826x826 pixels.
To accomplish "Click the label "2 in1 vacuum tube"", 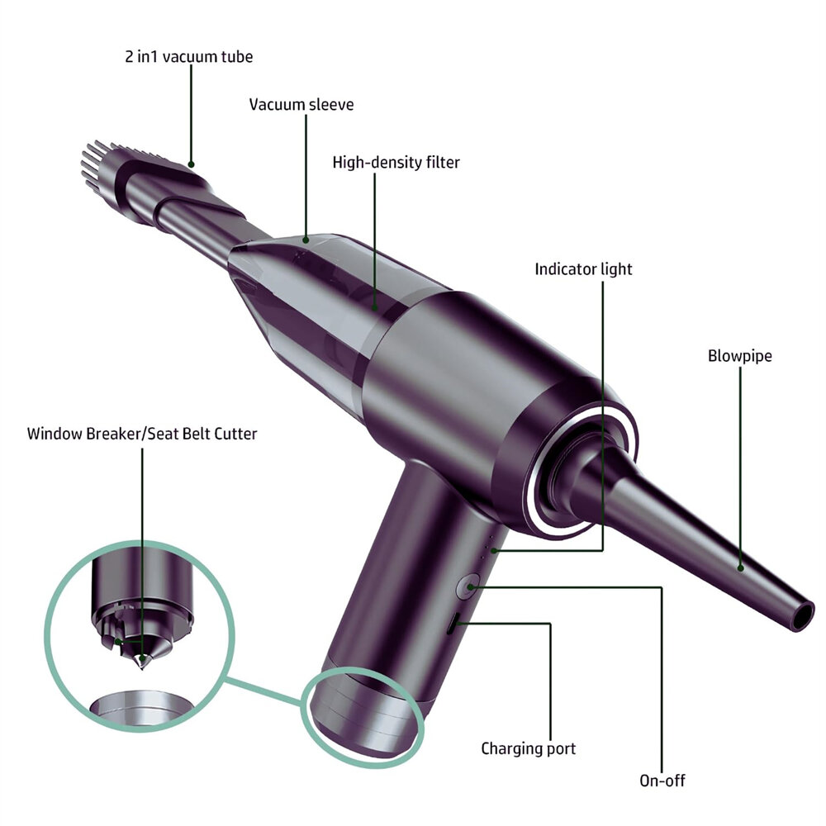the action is pyautogui.click(x=188, y=56).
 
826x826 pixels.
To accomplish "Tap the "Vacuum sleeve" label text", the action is pyautogui.click(x=301, y=104).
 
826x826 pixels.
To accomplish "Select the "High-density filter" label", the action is pyautogui.click(x=396, y=162).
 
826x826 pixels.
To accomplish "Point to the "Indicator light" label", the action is pyautogui.click(x=583, y=269).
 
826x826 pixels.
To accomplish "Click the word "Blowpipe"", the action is pyautogui.click(x=739, y=355).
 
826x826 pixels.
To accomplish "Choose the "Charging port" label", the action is pyautogui.click(x=529, y=748).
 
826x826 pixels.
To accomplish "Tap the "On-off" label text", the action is pyautogui.click(x=662, y=781).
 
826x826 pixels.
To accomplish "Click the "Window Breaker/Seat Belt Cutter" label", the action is pyautogui.click(x=142, y=434).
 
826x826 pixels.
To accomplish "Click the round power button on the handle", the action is pyautogui.click(x=468, y=586).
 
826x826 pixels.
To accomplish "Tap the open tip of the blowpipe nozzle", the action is pyautogui.click(x=802, y=615).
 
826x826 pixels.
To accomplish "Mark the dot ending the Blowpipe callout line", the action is pyautogui.click(x=740, y=568).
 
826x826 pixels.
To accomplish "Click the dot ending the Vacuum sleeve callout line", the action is pyautogui.click(x=306, y=240).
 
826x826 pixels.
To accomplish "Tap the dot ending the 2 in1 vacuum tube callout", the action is pyautogui.click(x=192, y=164).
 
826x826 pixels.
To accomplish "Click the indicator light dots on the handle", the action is pyautogui.click(x=489, y=545).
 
